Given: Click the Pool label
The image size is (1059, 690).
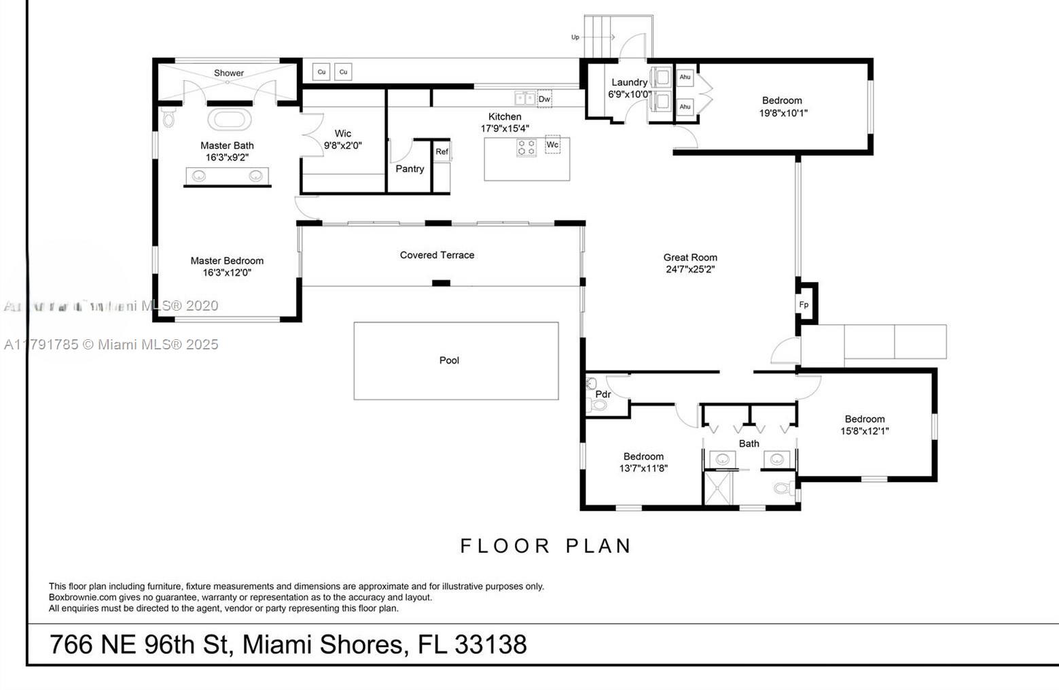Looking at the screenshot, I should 449,360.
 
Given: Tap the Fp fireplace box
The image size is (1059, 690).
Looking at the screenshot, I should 804,305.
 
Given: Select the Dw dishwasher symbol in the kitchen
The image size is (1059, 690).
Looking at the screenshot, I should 544,99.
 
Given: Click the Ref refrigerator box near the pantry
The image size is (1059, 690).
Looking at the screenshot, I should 442,152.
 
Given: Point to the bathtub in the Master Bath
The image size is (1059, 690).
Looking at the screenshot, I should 230,120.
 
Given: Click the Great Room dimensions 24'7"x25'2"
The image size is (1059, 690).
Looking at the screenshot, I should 690,269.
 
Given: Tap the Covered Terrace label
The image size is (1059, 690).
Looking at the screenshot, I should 437,255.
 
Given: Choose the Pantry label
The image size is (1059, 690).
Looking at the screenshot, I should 410,169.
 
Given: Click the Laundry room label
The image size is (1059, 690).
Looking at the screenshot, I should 629,82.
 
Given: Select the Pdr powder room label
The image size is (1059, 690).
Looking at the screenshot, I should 603,394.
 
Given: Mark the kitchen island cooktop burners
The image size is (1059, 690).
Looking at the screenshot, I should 526,148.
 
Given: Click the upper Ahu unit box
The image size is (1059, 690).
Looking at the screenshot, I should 685,77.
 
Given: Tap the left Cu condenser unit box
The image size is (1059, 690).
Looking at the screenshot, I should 321,71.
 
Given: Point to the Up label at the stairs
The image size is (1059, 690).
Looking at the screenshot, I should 575,37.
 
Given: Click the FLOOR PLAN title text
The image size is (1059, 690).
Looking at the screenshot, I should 546,546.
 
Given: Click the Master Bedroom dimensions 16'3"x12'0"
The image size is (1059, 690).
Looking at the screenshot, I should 227,273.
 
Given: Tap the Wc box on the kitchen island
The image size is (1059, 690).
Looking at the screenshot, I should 552,145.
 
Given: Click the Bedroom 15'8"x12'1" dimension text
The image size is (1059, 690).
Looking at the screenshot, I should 865,431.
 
